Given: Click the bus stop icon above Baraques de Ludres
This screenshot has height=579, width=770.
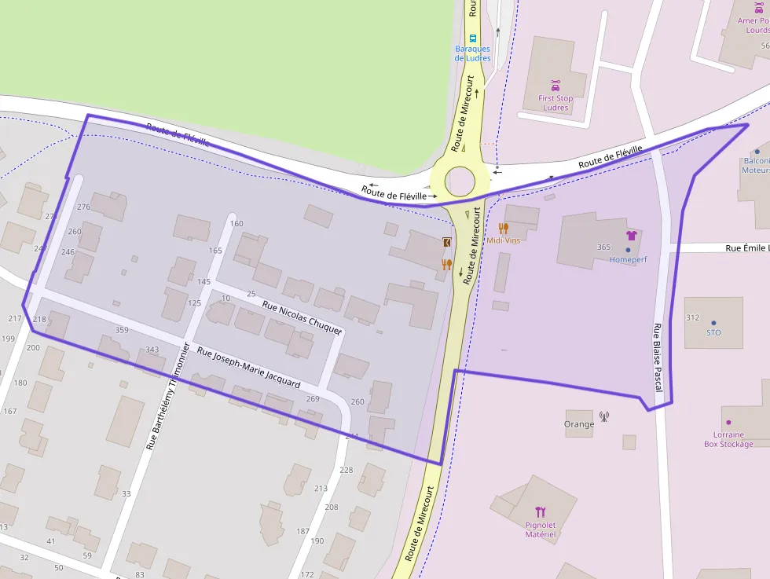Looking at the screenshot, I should (472, 37).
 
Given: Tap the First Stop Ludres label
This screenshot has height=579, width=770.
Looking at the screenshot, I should (555, 103).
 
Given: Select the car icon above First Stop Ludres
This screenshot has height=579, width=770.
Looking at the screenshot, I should (555, 85).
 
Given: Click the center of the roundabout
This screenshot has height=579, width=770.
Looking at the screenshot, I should (460, 181).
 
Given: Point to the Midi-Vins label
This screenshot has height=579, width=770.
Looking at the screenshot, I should (504, 240).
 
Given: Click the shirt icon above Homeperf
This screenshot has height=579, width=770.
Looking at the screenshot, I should (630, 235).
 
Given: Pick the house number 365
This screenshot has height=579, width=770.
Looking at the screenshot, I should (603, 247).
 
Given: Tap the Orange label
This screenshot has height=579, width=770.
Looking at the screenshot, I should (579, 424).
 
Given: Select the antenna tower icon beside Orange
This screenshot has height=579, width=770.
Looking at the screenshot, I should (604, 416).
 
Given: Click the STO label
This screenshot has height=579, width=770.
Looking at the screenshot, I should (713, 332).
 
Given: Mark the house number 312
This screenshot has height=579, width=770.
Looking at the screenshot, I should (692, 317).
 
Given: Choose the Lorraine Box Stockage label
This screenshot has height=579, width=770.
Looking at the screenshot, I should (728, 439).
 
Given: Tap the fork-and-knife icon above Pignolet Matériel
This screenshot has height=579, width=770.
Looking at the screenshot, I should (541, 512).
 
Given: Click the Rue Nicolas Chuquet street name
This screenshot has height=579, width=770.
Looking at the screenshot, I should (302, 318).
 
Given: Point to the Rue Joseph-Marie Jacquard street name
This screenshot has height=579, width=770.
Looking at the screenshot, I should (248, 368).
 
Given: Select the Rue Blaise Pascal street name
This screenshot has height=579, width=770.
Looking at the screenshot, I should (658, 357).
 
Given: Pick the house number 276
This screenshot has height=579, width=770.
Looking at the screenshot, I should (84, 207).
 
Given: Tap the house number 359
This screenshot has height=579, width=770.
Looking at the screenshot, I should (122, 330).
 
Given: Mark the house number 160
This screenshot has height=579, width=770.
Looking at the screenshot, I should (236, 223).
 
